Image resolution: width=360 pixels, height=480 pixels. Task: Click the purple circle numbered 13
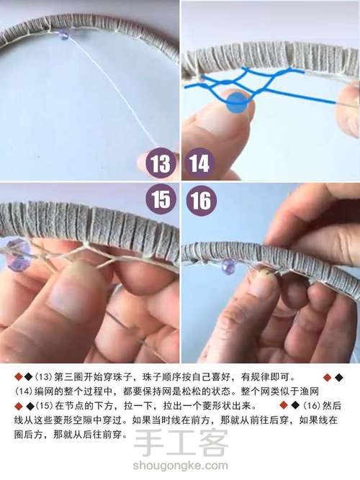161,163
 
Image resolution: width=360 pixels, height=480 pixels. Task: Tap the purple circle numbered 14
199,163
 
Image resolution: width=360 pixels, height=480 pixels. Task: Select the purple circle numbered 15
161,199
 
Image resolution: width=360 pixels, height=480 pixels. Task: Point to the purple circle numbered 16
202,201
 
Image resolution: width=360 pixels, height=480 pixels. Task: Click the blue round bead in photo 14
236,103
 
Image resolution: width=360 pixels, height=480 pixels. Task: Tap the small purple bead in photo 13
64,35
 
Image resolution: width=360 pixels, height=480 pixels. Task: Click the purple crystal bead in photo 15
18,255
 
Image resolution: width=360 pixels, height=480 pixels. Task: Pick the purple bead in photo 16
229,266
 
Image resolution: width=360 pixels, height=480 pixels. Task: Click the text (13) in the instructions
42,377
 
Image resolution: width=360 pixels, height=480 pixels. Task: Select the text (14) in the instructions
22,391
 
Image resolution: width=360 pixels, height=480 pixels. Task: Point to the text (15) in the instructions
44,406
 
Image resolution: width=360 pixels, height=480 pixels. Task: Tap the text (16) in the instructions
311,406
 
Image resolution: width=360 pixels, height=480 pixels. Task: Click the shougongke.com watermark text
180,466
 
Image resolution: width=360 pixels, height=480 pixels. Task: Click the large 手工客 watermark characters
181,443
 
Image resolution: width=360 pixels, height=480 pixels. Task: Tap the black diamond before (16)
294,406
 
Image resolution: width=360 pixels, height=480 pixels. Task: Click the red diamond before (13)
19,377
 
